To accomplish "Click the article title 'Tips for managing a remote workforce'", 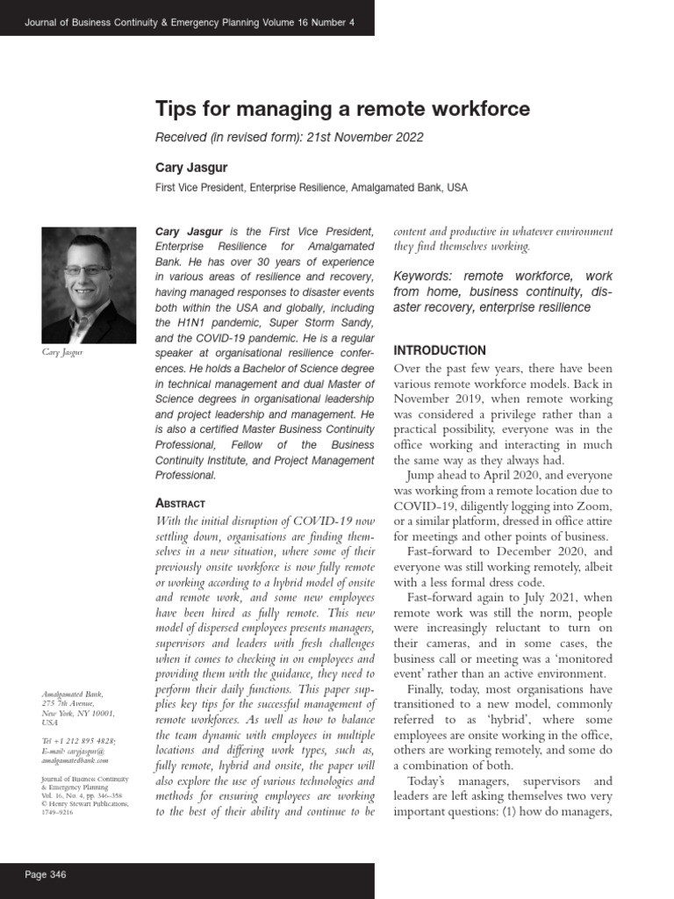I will [x=342, y=109].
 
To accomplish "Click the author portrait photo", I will [x=89, y=284].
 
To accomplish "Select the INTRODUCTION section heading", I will [x=440, y=350].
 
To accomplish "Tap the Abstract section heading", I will [x=180, y=503].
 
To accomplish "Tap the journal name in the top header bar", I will [x=190, y=22].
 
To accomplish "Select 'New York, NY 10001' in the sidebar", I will [x=76, y=713].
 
